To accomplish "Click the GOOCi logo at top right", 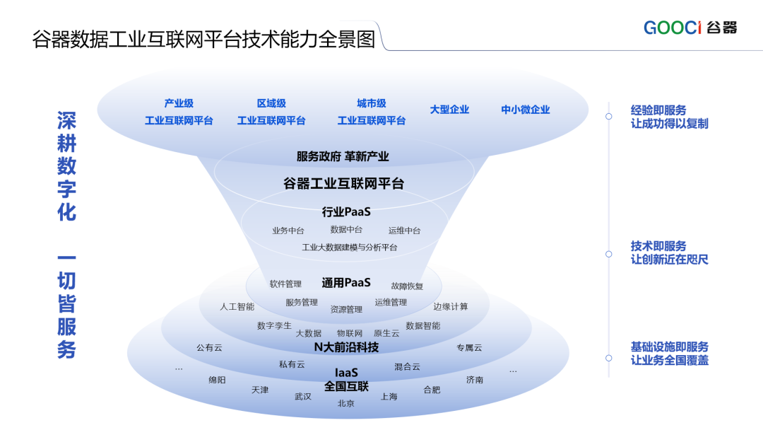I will pyautogui.click(x=690, y=28).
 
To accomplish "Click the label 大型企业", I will pyautogui.click(x=449, y=110).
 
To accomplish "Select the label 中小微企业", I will pyautogui.click(x=526, y=110).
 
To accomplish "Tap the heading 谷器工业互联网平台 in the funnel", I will pyautogui.click(x=343, y=184).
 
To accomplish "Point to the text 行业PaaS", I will pyautogui.click(x=346, y=211).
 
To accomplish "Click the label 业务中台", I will pyautogui.click(x=288, y=231).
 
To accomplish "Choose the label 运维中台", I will pyautogui.click(x=404, y=231).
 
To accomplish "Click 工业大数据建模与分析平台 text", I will pyautogui.click(x=349, y=248).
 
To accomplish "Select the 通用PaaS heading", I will pyautogui.click(x=346, y=283).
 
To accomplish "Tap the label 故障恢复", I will pyautogui.click(x=407, y=286).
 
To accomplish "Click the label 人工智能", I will pyautogui.click(x=237, y=307).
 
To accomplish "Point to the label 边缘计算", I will pyautogui.click(x=451, y=307).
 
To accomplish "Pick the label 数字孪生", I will pyautogui.click(x=274, y=325).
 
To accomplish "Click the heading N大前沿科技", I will pyautogui.click(x=346, y=347).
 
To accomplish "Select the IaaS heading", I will pyautogui.click(x=346, y=372).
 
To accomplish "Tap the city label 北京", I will pyautogui.click(x=346, y=403).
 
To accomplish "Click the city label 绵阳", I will pyautogui.click(x=217, y=380).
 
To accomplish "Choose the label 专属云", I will pyautogui.click(x=469, y=347).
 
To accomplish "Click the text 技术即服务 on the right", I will pyautogui.click(x=658, y=246).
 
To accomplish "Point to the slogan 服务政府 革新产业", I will pyautogui.click(x=343, y=156).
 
